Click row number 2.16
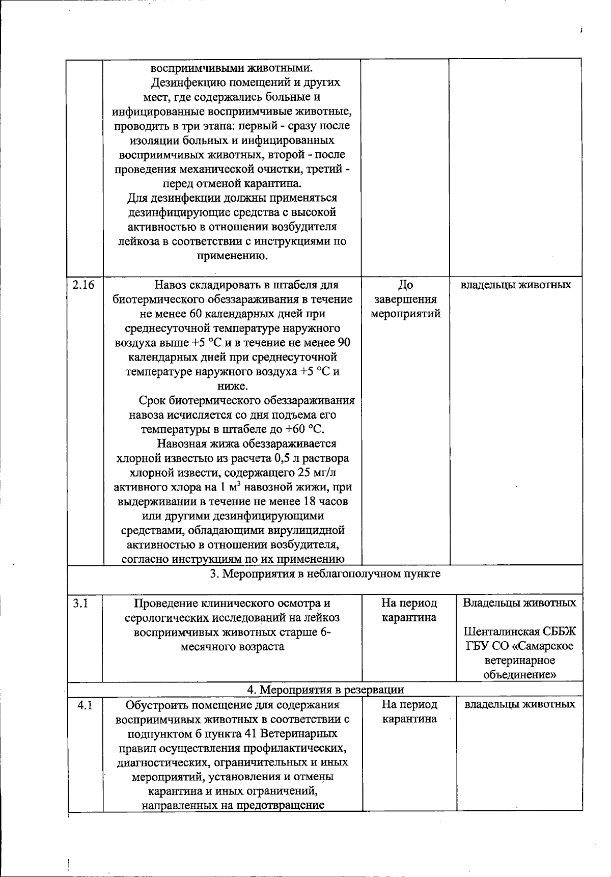(84, 285)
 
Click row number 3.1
(80, 604)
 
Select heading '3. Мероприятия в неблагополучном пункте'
(325, 574)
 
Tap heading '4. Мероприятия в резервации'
(325, 690)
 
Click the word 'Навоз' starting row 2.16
(171, 285)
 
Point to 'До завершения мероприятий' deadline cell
(405, 299)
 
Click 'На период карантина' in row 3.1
(409, 610)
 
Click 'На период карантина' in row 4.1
(409, 712)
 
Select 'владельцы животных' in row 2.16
(515, 285)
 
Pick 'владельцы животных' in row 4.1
(520, 704)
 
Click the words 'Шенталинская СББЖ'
(519, 632)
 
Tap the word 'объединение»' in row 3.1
(519, 675)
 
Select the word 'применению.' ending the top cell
(232, 256)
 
